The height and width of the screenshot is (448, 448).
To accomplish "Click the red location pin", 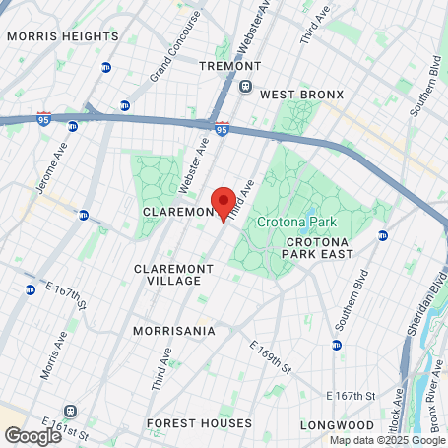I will [224, 203].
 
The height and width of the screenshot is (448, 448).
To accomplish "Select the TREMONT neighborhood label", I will [228, 66].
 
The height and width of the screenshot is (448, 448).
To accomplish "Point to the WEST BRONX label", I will [301, 95].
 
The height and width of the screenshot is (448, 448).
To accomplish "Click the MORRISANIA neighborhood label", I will [173, 331].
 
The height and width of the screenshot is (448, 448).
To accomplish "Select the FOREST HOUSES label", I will [198, 423].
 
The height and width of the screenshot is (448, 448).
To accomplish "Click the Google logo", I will [32, 435].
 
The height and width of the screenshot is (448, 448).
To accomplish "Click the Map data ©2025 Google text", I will [387, 440].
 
